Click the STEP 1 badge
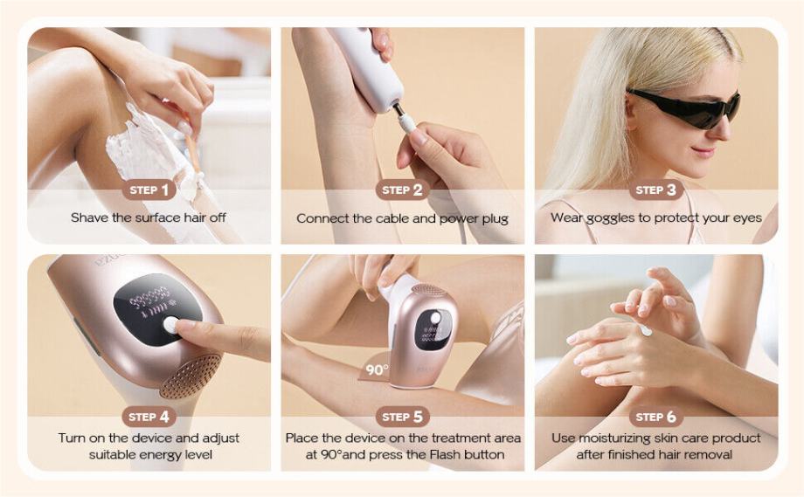coord(149,190)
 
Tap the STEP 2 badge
coord(403,190)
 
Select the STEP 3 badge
coord(656,190)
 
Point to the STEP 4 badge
coord(149,417)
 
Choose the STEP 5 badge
coord(403,417)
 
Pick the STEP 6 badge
coord(656,417)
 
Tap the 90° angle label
coord(377,370)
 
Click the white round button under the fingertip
coord(170,325)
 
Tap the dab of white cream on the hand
coord(645,330)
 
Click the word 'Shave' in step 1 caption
coord(90,217)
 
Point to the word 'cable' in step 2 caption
coord(392,218)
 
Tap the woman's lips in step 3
coord(703,151)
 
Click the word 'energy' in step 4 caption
coord(154,455)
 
